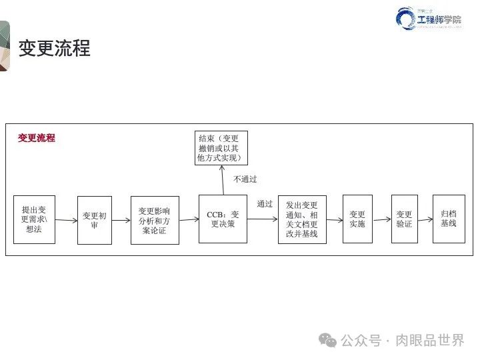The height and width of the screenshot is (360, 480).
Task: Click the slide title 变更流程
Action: [54, 49]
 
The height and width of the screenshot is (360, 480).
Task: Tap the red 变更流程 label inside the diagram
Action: [37, 138]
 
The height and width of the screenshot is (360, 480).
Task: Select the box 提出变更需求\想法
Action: [34, 219]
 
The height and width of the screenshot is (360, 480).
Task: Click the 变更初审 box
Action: [95, 220]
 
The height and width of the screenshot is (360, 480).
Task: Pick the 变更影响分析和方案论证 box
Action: [154, 220]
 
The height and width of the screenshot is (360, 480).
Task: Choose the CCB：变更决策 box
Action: [223, 219]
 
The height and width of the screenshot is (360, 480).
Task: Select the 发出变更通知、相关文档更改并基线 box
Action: [302, 219]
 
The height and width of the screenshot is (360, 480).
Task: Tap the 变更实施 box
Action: [357, 219]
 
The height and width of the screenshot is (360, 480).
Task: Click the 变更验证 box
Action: [404, 219]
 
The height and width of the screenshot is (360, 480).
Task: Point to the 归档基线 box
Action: [449, 219]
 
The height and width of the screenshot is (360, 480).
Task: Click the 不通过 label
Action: [245, 179]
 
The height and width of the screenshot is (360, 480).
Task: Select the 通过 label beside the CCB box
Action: [265, 204]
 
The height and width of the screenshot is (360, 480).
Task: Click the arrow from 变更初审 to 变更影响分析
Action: [121, 220]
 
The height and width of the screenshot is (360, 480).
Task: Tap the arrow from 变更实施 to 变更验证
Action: [382, 219]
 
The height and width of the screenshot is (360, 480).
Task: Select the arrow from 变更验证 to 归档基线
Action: [425, 219]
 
